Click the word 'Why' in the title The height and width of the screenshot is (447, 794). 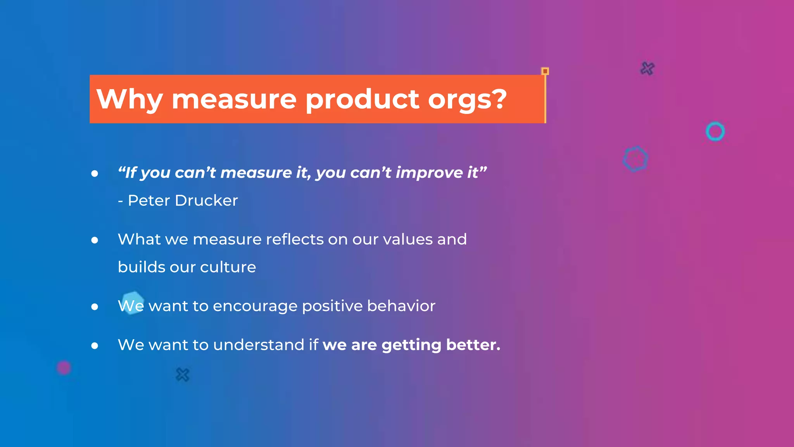tap(129, 99)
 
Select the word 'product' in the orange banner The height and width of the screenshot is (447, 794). tap(362, 99)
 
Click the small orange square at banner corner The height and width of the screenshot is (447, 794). tap(545, 71)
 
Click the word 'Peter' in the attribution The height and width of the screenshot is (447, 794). tap(149, 201)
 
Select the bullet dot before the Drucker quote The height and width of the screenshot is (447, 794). tap(95, 173)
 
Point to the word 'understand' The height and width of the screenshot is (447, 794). tap(259, 345)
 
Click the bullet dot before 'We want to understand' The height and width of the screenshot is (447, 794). tap(95, 346)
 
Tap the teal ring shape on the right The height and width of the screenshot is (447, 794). tap(715, 132)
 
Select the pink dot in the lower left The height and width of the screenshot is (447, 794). tap(64, 367)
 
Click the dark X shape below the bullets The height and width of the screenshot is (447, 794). tap(182, 375)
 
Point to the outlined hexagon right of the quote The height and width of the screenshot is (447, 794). tap(635, 159)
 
